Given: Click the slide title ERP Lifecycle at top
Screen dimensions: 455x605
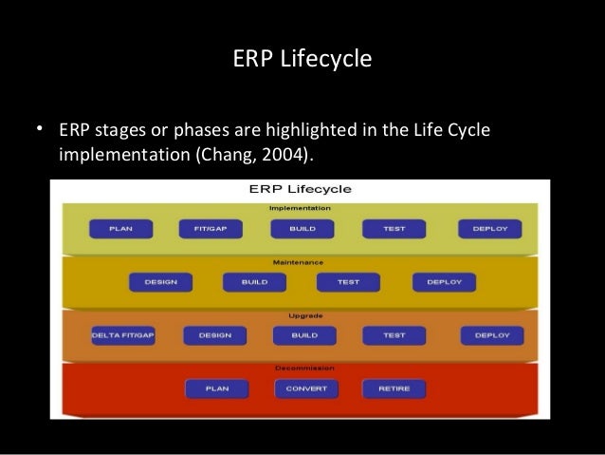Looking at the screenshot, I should pos(302,59).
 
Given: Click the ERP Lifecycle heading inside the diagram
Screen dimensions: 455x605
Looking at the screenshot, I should pos(299,189).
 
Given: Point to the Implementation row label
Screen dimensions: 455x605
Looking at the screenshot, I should pos(300,207).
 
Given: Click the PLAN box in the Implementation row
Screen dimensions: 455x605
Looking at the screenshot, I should pos(120,229).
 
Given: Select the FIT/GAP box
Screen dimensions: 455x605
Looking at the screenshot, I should pos(210,229).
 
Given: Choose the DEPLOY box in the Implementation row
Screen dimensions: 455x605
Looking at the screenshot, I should pos(489,229).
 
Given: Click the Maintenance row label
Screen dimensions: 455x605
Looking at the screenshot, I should pos(300,261).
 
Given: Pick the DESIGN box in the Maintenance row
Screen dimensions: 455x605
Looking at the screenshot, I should pos(161,282).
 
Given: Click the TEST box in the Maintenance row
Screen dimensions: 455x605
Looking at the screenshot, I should pos(348,282).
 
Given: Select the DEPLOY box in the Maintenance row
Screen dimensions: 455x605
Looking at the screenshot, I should pos(443,282).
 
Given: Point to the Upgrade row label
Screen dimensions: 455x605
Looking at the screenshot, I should pos(300,315).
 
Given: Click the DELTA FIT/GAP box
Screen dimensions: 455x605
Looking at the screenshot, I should pos(121,335).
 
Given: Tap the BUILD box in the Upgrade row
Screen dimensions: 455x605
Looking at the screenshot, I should pos(303,335).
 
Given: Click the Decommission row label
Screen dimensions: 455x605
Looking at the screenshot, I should pos(300,368).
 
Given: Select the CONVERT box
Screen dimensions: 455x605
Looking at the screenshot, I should pos(305,389).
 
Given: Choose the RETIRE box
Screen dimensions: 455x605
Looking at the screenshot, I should pos(394,389).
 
